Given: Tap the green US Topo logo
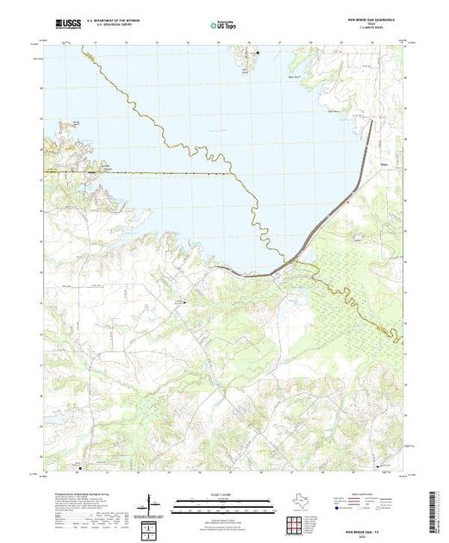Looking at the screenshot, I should pos(223,25).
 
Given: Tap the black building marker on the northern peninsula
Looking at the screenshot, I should pos(257,53).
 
